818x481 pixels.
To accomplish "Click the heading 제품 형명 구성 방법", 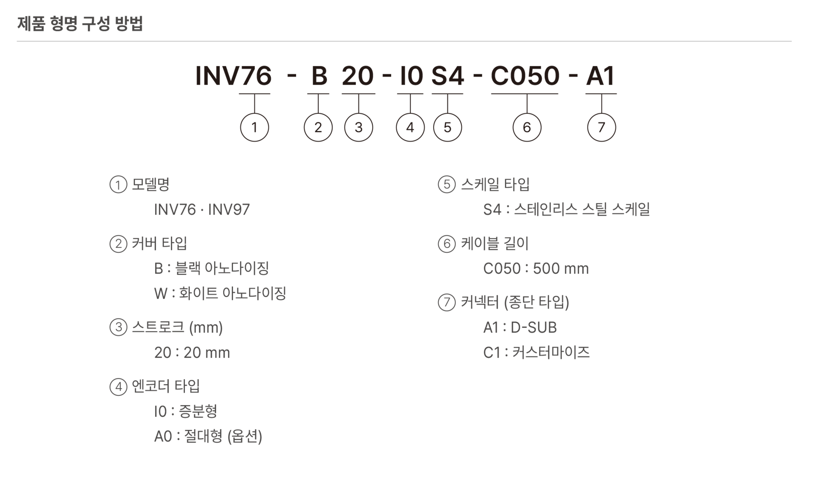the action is tap(80, 23).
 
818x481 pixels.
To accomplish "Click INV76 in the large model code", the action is tap(233, 76).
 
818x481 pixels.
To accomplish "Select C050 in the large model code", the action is tap(525, 76).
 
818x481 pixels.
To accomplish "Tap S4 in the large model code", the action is tap(447, 76).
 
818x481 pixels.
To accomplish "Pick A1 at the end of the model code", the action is tap(600, 76).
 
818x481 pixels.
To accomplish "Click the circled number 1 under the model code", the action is tap(254, 127).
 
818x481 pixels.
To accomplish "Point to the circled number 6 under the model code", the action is tap(527, 127).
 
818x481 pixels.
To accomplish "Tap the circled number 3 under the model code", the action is tap(358, 127).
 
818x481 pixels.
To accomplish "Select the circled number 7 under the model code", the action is tap(601, 127).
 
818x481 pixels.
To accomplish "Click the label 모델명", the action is tap(151, 184).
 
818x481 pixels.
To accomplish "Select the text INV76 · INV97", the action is tap(202, 209).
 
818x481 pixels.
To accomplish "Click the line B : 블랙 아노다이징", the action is tap(211, 268).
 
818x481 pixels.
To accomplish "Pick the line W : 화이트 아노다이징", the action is tap(220, 293).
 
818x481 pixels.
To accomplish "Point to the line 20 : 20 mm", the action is tap(192, 352).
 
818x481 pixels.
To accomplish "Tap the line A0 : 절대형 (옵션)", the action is tap(208, 436).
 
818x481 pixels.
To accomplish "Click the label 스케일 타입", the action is tap(495, 184).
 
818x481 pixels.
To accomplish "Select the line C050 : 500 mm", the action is tap(536, 269).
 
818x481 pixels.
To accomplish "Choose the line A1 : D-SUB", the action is tap(520, 327).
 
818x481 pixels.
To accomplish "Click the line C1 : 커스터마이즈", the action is tap(536, 352).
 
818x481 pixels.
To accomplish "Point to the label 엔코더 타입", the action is tap(166, 386).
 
